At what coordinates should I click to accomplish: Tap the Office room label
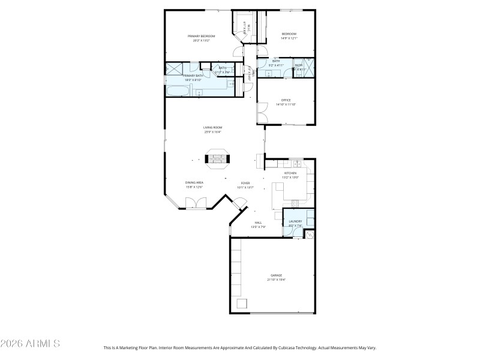tap(286, 100)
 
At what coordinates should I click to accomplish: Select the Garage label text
tap(276, 275)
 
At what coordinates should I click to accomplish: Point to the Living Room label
tap(212, 127)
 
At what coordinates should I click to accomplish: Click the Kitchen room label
tap(290, 173)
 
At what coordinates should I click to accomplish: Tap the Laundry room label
tap(295, 221)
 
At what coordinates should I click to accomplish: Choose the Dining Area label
tap(194, 182)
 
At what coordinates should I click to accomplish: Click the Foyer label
tap(245, 183)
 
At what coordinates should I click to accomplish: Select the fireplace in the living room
tap(217, 159)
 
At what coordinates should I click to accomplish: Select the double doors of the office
tap(261, 111)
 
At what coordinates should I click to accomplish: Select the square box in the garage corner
tap(242, 304)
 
